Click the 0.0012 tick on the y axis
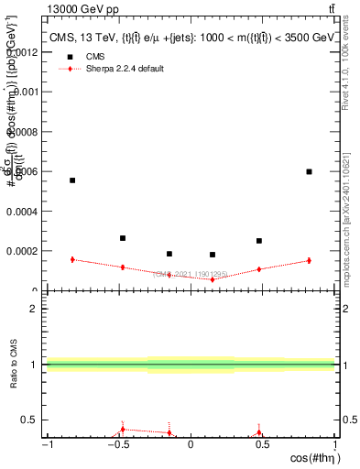(22, 52)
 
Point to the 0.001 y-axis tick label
(25, 92)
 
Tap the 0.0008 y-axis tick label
(22, 131)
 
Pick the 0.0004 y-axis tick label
(22, 211)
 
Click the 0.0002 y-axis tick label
(22, 250)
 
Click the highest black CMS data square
(309, 171)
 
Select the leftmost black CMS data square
(72, 180)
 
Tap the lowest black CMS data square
(213, 255)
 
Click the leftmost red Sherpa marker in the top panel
(72, 259)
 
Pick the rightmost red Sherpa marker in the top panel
(309, 260)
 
